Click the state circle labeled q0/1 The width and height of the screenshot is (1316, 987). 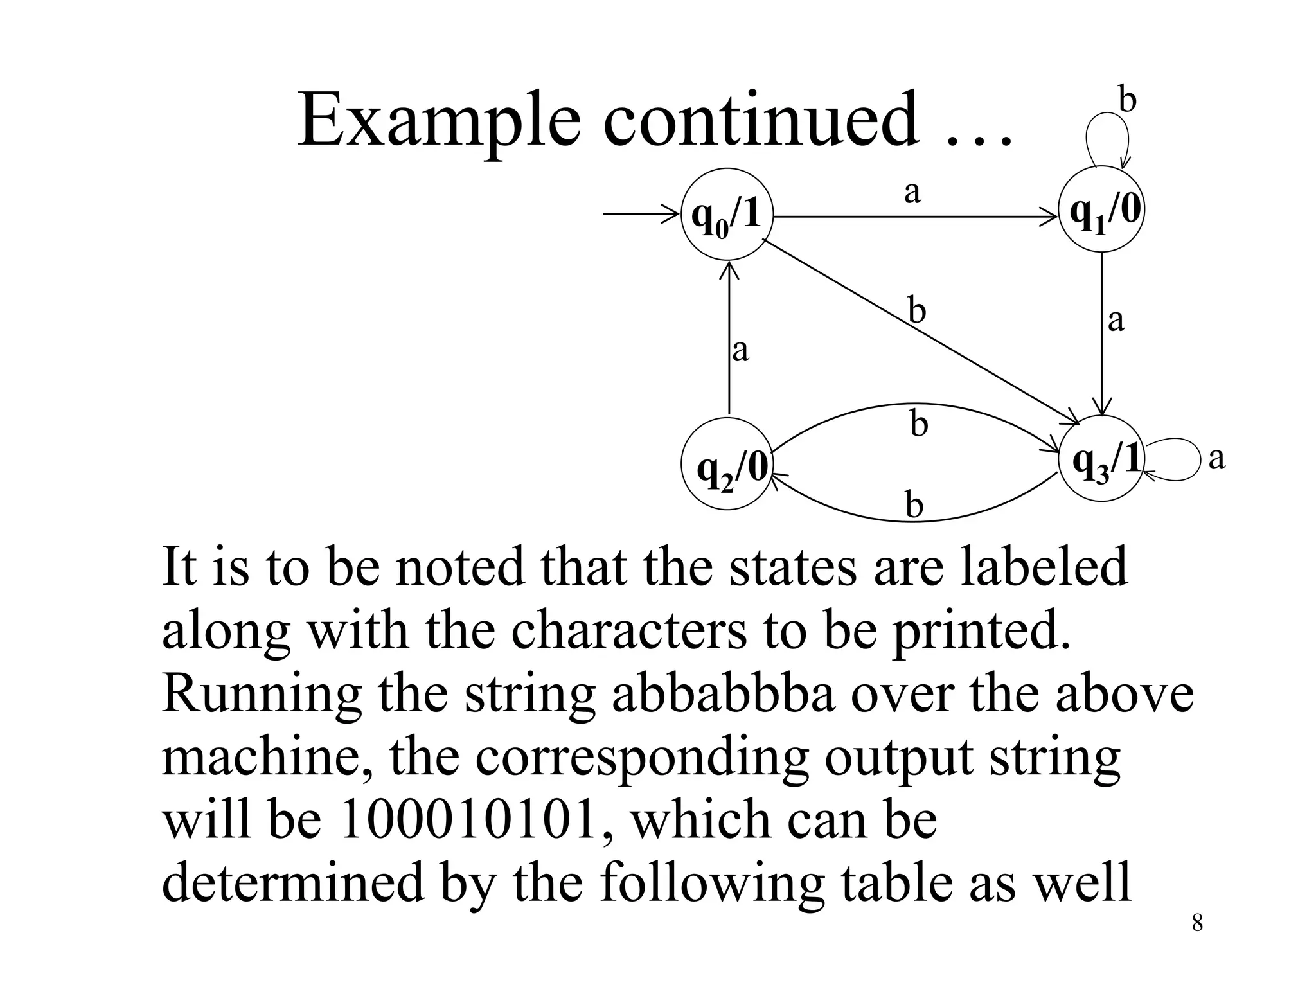tap(727, 214)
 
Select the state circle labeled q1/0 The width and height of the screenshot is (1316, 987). tap(1102, 211)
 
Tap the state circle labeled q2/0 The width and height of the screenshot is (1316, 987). tap(727, 465)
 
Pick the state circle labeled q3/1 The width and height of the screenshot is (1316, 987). tap(1103, 460)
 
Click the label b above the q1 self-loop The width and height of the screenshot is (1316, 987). tap(1128, 101)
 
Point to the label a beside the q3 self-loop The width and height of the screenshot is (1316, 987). tap(1216, 459)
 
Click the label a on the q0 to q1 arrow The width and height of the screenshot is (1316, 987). tap(912, 191)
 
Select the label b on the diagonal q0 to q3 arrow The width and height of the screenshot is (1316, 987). tap(917, 311)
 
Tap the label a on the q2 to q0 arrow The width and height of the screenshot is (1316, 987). tap(741, 351)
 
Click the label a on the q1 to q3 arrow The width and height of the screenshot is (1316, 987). tap(1117, 320)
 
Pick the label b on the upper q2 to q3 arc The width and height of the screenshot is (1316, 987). tap(920, 425)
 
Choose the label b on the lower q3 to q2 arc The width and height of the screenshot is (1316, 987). tap(914, 505)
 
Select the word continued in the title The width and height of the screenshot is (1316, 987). tap(761, 120)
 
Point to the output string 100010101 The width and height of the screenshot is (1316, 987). tap(467, 821)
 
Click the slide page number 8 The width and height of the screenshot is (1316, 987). tap(1197, 923)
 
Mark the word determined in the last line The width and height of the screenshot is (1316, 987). tap(293, 883)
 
